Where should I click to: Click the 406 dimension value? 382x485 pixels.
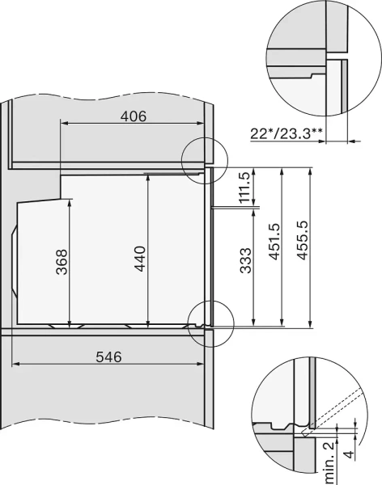[x=134, y=116]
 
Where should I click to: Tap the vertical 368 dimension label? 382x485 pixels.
[x=62, y=261]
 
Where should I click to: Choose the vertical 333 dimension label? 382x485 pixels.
[x=245, y=265]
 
